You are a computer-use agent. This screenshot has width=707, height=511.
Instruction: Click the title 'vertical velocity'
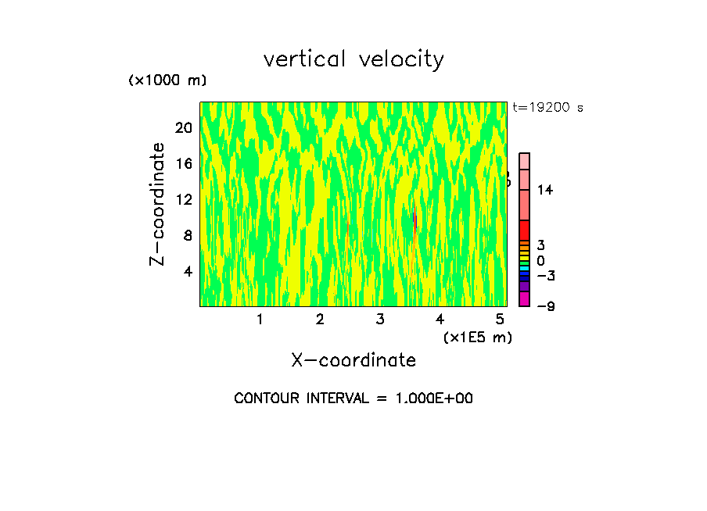(x=353, y=59)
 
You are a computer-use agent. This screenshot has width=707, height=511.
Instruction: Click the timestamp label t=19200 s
(x=547, y=108)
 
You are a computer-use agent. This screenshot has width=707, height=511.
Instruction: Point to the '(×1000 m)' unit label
(x=167, y=81)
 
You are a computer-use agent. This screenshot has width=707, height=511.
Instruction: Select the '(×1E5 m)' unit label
(x=477, y=337)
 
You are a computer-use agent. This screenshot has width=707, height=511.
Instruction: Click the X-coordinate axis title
(x=353, y=360)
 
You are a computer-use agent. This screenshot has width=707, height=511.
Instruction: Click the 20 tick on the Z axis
(x=184, y=128)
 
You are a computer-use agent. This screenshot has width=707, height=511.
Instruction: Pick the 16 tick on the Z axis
(x=184, y=164)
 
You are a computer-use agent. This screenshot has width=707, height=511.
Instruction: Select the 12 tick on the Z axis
(x=184, y=199)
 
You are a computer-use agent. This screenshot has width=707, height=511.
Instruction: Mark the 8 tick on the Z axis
(x=188, y=235)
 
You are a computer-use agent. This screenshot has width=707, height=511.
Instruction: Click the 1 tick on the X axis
(x=260, y=320)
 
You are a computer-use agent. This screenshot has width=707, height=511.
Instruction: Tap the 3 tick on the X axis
(x=380, y=320)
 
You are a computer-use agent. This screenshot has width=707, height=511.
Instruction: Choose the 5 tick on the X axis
(x=500, y=320)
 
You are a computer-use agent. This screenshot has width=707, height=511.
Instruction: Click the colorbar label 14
(x=545, y=190)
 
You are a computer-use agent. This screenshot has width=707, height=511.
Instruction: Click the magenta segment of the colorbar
(x=525, y=299)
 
